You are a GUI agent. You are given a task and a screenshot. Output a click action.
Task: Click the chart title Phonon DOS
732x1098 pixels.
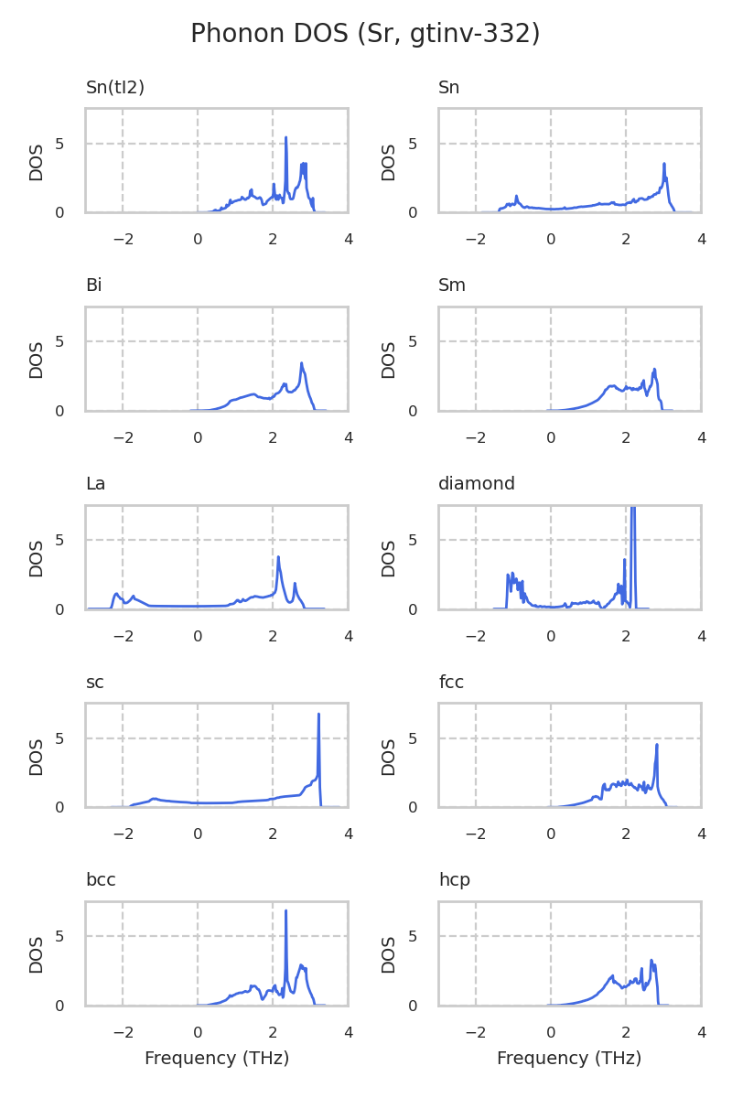click(x=365, y=34)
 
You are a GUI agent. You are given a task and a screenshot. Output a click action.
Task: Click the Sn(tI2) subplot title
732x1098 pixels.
click(x=115, y=88)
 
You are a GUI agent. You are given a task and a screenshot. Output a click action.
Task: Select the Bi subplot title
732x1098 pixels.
click(x=93, y=285)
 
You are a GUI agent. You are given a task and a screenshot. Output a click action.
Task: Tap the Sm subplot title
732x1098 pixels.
click(x=452, y=285)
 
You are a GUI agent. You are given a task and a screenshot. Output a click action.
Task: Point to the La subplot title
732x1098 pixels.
click(x=95, y=484)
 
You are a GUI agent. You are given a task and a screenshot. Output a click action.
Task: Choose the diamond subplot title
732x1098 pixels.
click(x=477, y=484)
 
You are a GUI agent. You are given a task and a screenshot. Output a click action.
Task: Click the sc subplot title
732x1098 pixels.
click(x=94, y=683)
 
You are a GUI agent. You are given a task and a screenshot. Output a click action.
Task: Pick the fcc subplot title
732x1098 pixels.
click(x=451, y=683)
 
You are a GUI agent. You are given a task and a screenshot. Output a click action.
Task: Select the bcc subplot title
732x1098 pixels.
click(x=101, y=880)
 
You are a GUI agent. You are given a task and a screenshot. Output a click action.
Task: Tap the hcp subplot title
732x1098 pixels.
click(x=454, y=880)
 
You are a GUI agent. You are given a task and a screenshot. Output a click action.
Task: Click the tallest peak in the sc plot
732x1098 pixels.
click(x=318, y=715)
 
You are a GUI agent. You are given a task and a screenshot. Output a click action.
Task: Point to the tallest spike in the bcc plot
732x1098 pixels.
click(x=285, y=911)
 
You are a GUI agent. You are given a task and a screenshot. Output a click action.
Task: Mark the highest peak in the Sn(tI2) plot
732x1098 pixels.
click(x=286, y=138)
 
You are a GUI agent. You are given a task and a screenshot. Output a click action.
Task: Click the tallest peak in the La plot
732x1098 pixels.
click(x=278, y=557)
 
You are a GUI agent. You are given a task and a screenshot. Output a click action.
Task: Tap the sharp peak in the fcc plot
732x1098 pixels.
click(x=657, y=745)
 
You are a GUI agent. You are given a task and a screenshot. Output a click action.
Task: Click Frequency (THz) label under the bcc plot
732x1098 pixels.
click(x=217, y=1059)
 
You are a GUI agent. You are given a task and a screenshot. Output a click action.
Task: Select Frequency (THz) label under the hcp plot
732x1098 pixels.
click(x=569, y=1059)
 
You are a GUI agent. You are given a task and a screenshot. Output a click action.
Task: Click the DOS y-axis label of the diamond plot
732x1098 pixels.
click(x=389, y=557)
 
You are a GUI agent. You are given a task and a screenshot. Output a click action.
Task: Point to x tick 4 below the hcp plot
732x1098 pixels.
click(x=701, y=1032)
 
